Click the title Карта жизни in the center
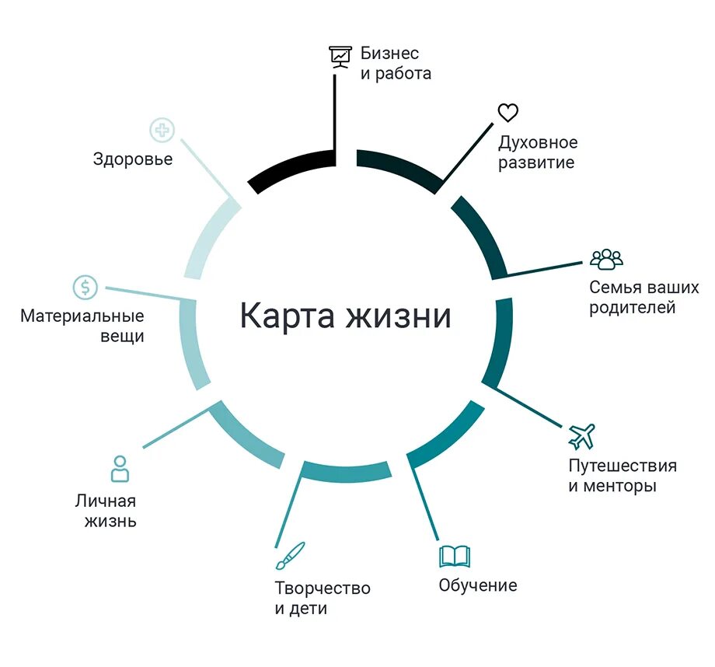coord(344,316)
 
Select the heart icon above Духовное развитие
coord(507,113)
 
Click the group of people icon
coord(606,259)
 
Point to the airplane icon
coord(581,435)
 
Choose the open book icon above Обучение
coord(455,557)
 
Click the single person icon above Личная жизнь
coord(120,469)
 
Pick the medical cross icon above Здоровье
coord(162,130)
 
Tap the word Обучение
coord(477,585)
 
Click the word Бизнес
coord(389,54)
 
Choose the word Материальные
coord(82,316)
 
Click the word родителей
coord(632,308)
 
